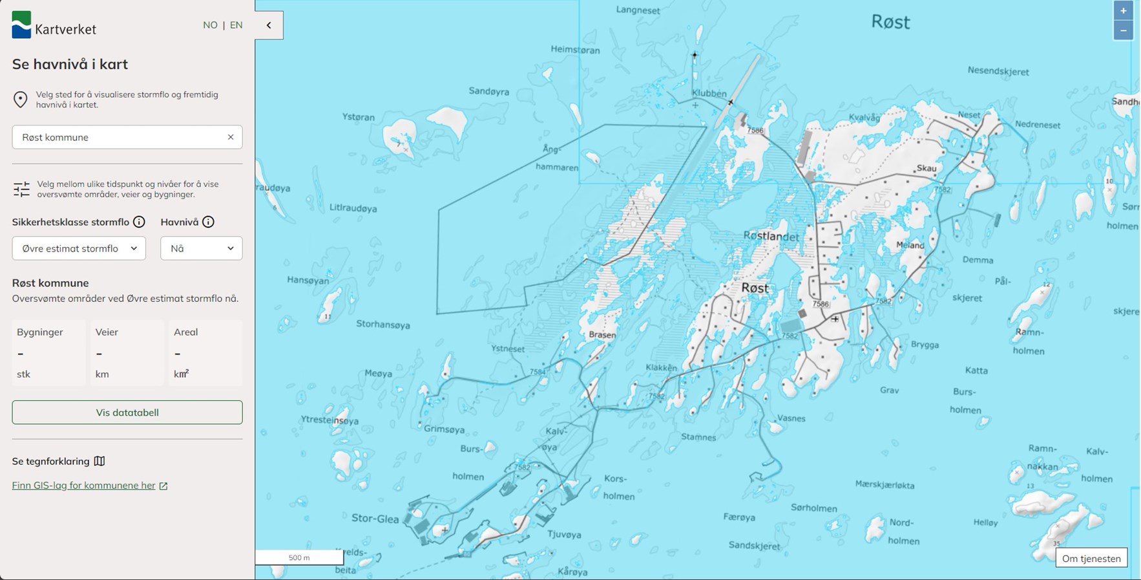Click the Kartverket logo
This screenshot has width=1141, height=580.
click(x=54, y=26)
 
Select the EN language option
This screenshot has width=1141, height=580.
click(x=236, y=25)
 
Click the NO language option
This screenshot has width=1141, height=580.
click(x=210, y=25)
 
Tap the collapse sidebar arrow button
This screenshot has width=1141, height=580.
click(x=269, y=25)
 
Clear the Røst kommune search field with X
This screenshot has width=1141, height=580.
click(x=231, y=137)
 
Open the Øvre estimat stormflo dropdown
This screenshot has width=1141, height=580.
click(x=79, y=248)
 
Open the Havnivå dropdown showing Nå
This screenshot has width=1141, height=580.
click(x=201, y=248)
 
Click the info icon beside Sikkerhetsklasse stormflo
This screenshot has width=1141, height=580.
click(x=139, y=222)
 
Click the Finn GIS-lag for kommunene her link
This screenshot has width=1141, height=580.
click(x=84, y=486)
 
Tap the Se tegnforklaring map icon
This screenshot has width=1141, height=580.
click(x=99, y=461)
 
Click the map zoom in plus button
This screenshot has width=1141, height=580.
click(x=1124, y=11)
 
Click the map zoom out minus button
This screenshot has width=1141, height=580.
click(x=1124, y=30)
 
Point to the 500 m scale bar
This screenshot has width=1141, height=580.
click(x=299, y=557)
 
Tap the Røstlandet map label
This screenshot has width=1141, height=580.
click(x=771, y=236)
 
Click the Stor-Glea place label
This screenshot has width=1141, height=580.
click(x=375, y=518)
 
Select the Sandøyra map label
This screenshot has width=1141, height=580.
click(x=489, y=92)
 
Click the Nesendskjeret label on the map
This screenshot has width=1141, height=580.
click(x=998, y=71)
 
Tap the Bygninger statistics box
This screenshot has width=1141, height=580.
click(x=48, y=352)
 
